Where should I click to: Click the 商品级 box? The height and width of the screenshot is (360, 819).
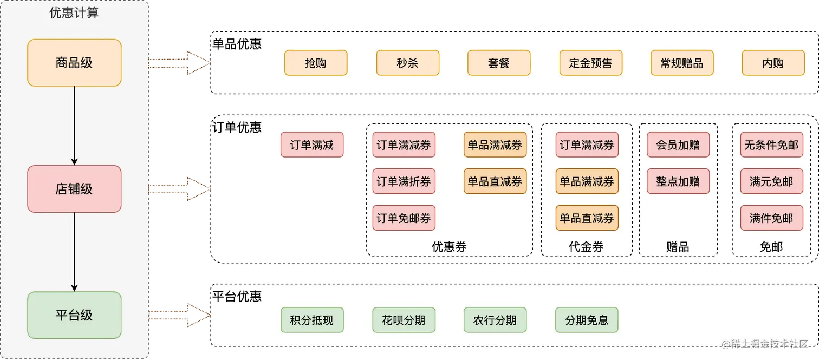tap(74, 63)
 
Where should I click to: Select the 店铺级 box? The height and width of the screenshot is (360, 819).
tap(74, 189)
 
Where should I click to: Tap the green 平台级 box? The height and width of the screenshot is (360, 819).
tap(74, 315)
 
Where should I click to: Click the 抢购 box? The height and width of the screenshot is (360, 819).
tap(316, 63)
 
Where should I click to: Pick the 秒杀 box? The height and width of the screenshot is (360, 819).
tap(407, 63)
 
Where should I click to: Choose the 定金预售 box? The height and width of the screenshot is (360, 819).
tap(590, 63)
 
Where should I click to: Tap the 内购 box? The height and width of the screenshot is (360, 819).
tap(773, 63)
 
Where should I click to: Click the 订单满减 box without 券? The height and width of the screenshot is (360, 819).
tap(312, 145)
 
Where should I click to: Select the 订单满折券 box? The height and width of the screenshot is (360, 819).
tap(404, 181)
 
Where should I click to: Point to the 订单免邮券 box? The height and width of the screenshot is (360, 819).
tap(404, 218)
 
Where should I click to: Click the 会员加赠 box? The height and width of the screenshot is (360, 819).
tap(678, 145)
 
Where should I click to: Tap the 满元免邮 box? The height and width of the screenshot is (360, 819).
tap(771, 181)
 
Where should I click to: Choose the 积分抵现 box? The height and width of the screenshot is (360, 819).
tap(312, 320)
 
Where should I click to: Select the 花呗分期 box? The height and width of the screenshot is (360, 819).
tap(404, 320)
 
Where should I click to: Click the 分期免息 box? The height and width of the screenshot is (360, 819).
tap(587, 320)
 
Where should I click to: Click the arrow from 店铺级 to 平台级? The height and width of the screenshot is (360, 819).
tap(74, 252)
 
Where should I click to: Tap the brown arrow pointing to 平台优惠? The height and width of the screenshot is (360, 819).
tap(179, 315)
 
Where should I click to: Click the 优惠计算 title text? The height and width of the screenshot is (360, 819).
tap(74, 13)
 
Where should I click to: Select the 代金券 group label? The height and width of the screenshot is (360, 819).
tap(587, 247)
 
